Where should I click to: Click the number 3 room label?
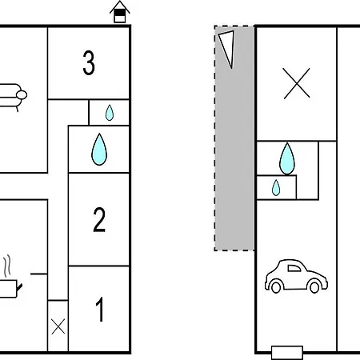(89, 63)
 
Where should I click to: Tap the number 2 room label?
(99, 219)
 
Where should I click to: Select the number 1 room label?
(100, 310)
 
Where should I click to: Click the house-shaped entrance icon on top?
(120, 12)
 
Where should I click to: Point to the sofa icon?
(13, 97)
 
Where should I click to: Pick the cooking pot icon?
(8, 288)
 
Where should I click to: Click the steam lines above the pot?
(8, 266)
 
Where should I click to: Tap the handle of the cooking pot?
(19, 287)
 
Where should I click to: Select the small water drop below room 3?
(110, 113)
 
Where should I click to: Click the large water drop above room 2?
(99, 150)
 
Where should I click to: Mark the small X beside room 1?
(58, 326)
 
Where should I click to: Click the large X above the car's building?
(297, 83)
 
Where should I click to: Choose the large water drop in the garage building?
(287, 159)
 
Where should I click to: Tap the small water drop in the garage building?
(276, 188)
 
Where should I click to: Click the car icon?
(296, 276)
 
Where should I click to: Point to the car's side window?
(294, 268)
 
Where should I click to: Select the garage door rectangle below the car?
(287, 353)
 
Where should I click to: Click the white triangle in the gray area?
(228, 46)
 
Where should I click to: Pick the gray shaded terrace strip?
(234, 138)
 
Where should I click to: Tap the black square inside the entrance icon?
(120, 13)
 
